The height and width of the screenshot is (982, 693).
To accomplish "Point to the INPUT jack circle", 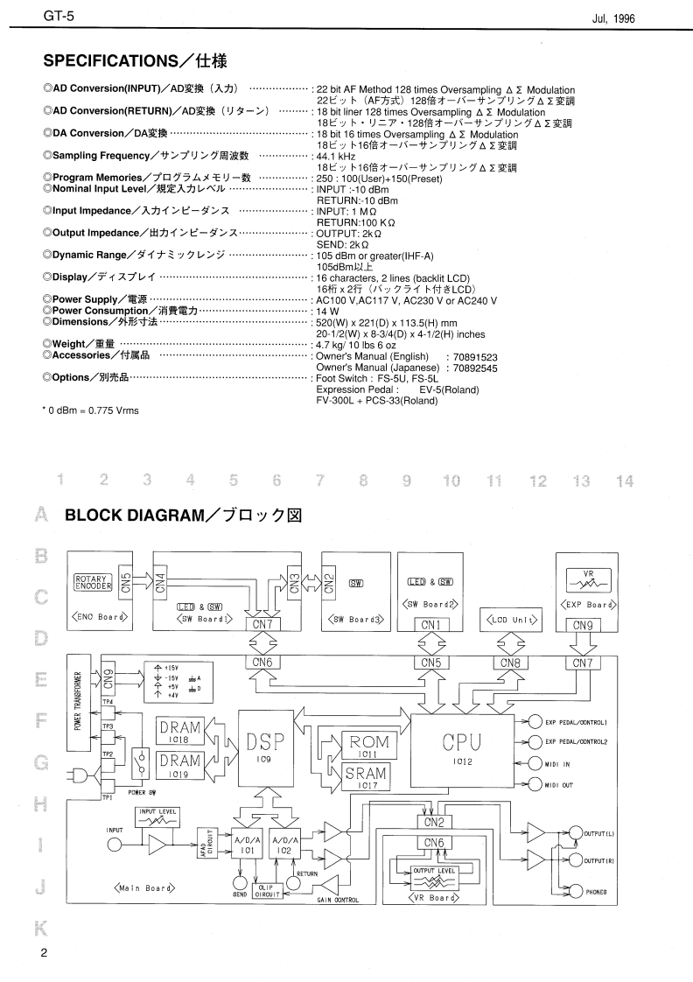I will point(115,845).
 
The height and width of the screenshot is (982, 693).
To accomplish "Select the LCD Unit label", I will point(512,620).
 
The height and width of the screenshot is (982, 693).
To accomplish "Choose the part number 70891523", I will point(472,357).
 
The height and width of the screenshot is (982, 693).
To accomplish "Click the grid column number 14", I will point(624,480).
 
